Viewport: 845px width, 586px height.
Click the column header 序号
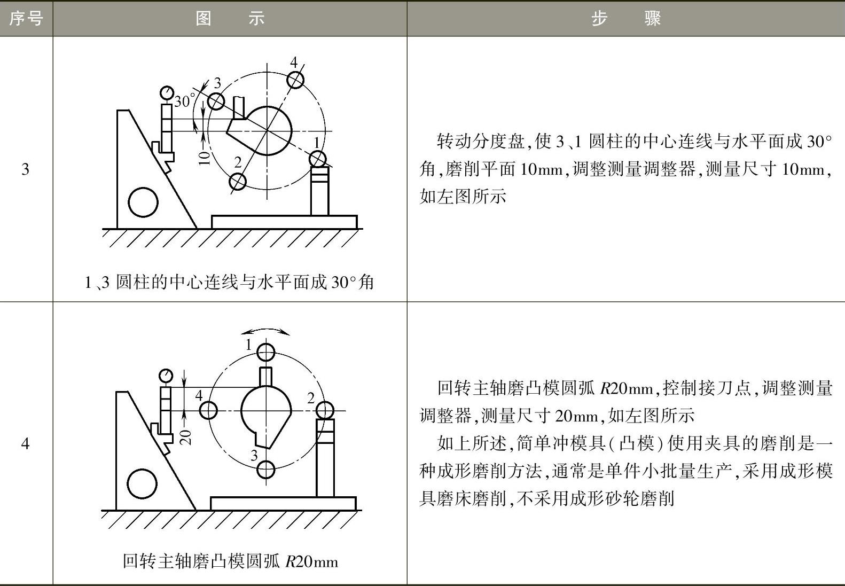pos(26,19)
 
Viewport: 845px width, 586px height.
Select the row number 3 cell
pos(25,169)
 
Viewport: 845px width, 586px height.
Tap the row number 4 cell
pos(25,443)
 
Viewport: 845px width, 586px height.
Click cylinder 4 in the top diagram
pos(295,80)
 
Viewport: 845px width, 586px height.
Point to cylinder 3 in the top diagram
pos(216,101)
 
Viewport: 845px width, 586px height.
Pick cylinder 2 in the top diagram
pos(238,182)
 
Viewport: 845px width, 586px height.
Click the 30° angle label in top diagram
pos(184,101)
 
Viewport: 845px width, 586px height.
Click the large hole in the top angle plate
pos(144,202)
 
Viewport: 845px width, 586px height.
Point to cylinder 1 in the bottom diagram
pos(266,353)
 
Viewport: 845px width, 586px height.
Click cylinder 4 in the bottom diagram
pos(208,410)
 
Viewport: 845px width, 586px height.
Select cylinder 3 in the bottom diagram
pos(266,470)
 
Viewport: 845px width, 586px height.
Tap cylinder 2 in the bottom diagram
pos(324,411)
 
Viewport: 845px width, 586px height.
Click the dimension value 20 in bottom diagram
pos(185,437)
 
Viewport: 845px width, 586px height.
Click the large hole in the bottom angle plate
pos(143,483)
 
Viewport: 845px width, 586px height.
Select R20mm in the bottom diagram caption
pos(311,561)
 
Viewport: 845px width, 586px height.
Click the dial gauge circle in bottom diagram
pos(166,376)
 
